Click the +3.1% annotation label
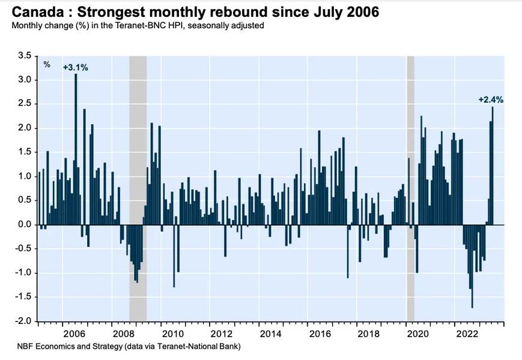tap(76, 67)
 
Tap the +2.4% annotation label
tap(491, 100)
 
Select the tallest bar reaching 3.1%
tap(76, 150)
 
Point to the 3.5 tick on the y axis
tap(25, 55)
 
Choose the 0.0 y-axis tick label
tap(25, 225)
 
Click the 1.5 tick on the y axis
tap(25, 152)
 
